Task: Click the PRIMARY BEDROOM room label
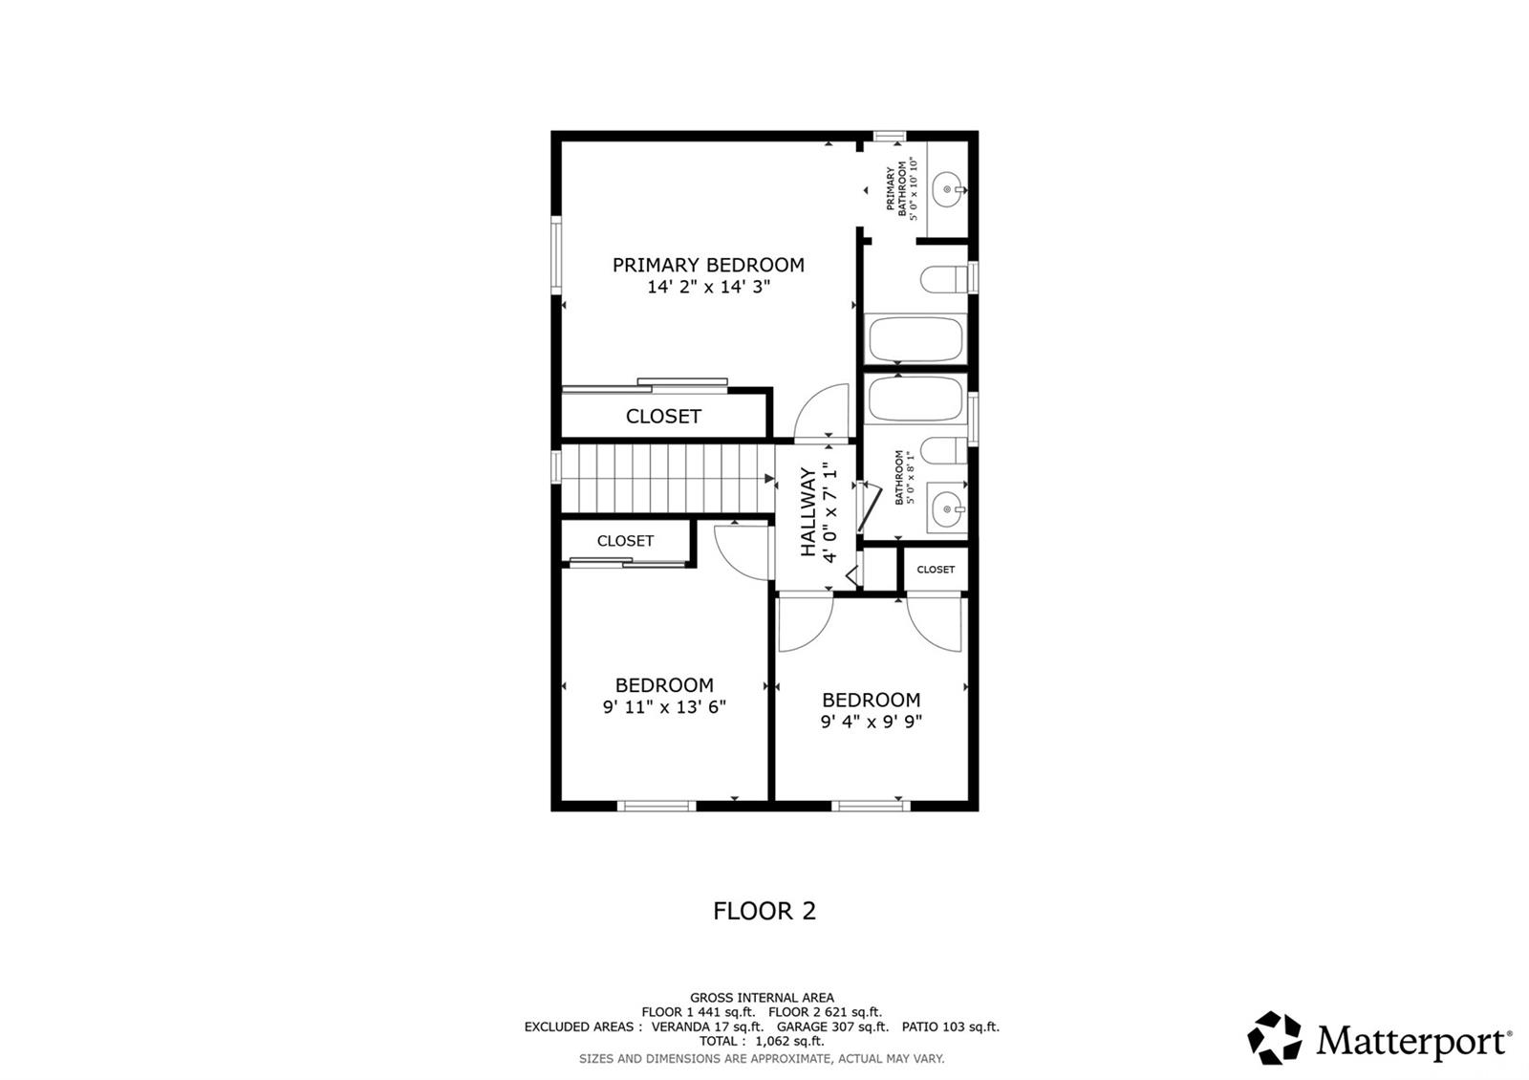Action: (708, 265)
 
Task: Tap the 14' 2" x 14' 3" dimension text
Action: (708, 287)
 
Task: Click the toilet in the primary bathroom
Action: (945, 278)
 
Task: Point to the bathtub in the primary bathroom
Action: (915, 338)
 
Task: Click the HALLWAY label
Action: (808, 511)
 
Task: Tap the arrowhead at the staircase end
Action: (770, 479)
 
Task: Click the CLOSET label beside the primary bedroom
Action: (663, 417)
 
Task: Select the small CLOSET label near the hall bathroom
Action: (936, 570)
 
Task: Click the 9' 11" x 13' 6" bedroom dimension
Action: (664, 706)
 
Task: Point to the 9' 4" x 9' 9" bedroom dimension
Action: (871, 722)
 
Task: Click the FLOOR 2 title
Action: (764, 911)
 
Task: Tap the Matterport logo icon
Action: (1275, 1038)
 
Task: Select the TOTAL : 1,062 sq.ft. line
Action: (762, 1041)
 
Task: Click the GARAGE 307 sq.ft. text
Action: (832, 1026)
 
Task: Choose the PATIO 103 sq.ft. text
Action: (950, 1026)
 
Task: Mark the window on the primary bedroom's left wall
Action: (556, 254)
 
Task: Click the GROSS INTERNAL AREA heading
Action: (762, 998)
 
